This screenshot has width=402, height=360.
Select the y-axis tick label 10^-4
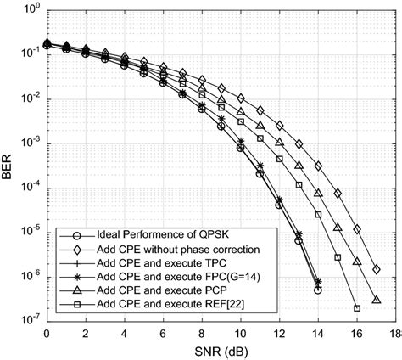tap(30, 187)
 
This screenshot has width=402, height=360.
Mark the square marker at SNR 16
tap(356, 308)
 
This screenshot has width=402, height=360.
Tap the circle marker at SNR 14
tap(317, 290)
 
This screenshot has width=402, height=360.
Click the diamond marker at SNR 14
tap(317, 166)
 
